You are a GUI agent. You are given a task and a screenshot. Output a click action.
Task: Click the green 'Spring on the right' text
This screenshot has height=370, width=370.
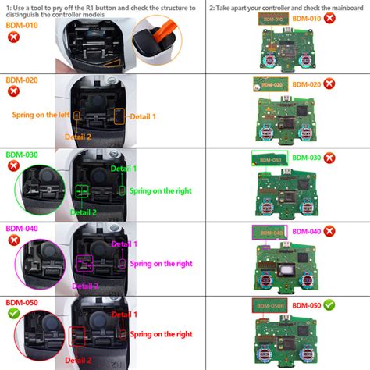point(161,190)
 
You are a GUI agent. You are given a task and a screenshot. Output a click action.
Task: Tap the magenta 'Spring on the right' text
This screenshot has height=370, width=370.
point(161,264)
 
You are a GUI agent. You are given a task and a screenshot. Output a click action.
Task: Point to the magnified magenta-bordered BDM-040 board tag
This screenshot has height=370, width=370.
point(268,232)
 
